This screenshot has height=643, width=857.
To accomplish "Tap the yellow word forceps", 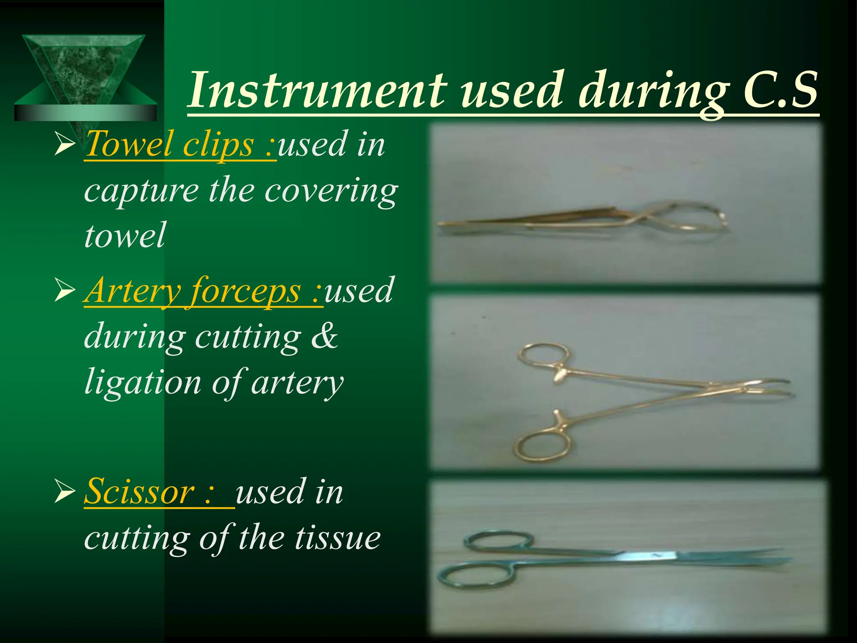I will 245,291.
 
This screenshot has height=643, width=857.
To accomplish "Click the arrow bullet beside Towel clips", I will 64,146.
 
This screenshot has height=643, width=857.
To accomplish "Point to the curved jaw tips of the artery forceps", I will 774,387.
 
